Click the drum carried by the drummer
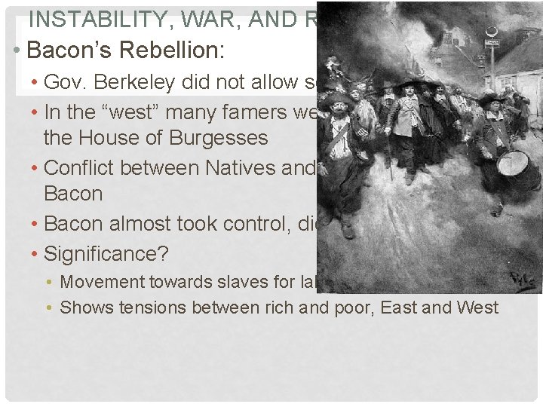click(514, 164)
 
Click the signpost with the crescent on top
click(492, 53)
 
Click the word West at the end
click(477, 308)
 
